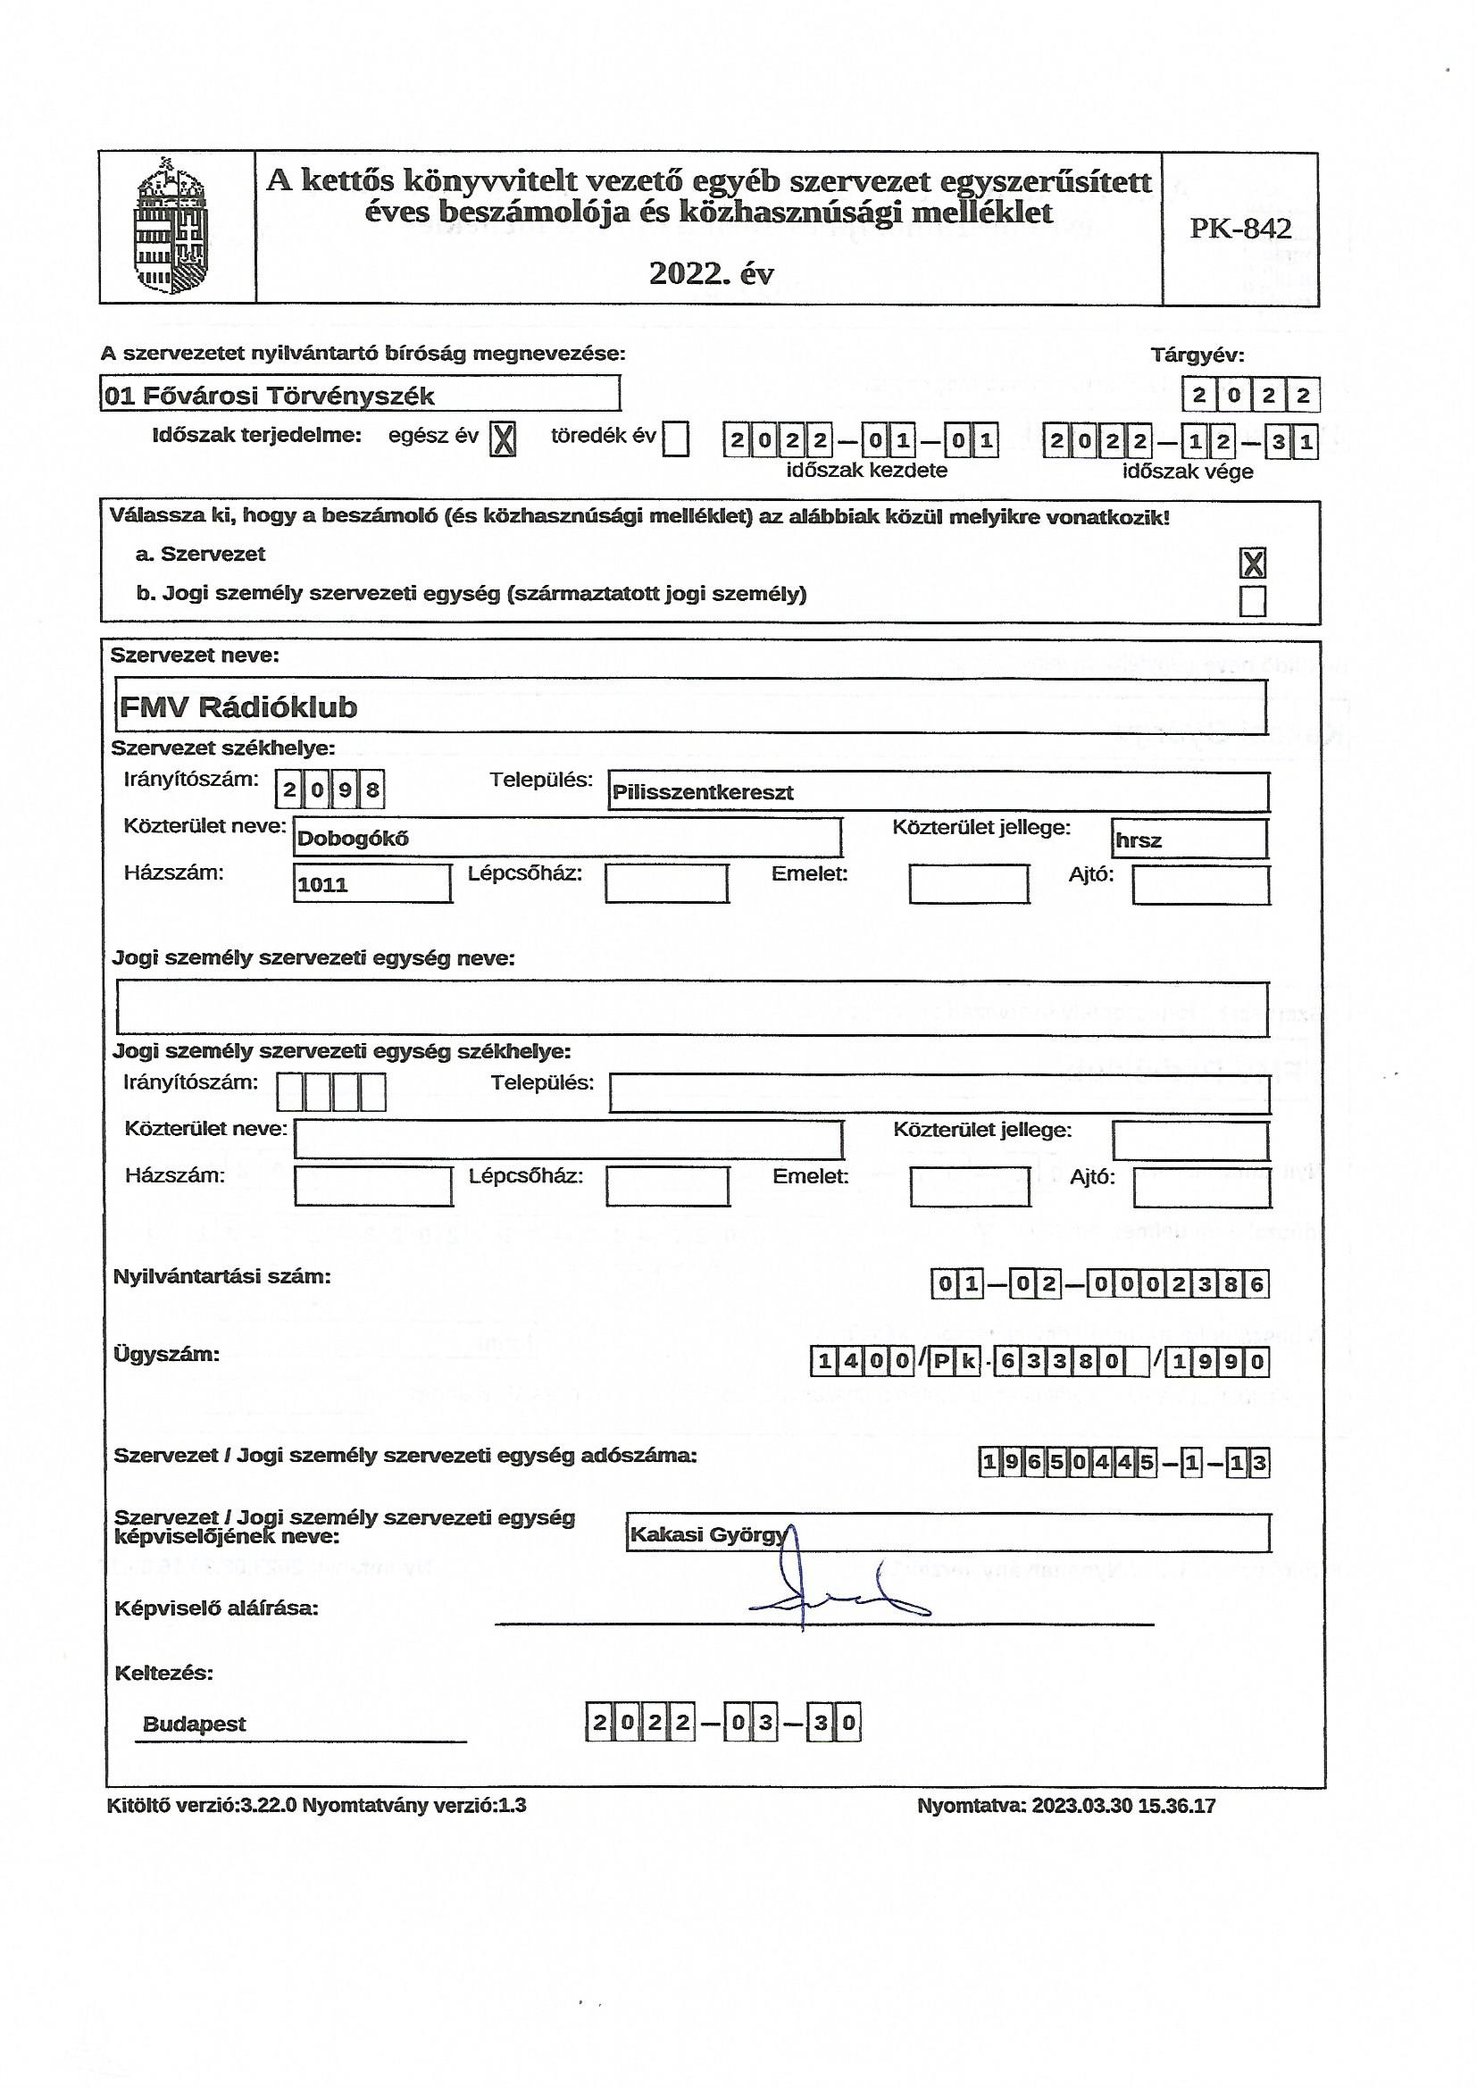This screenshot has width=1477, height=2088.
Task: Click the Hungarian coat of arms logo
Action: [x=170, y=227]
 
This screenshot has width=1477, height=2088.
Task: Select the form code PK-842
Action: [x=1240, y=229]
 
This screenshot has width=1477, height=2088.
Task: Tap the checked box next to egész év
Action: [x=503, y=440]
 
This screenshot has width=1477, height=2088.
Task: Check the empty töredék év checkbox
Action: [x=676, y=440]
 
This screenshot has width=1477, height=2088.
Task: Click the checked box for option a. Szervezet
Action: [x=1252, y=563]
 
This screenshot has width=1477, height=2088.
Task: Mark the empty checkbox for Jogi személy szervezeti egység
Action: [x=1252, y=601]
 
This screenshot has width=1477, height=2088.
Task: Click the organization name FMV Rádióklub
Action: [x=238, y=707]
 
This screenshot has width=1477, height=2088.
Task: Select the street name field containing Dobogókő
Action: [x=353, y=839]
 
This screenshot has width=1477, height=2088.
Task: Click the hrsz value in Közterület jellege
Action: [x=1139, y=840]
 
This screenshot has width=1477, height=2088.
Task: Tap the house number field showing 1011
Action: [x=323, y=884]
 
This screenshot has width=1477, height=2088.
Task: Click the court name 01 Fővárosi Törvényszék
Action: [x=269, y=396]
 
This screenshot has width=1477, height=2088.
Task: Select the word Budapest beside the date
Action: [x=195, y=1725]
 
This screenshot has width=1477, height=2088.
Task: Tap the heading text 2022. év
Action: [x=710, y=272]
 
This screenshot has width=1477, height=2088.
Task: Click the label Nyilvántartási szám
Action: [x=222, y=1276]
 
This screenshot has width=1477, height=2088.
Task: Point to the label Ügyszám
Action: [x=166, y=1354]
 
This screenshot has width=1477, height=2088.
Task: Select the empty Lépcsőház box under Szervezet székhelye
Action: [x=667, y=883]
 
